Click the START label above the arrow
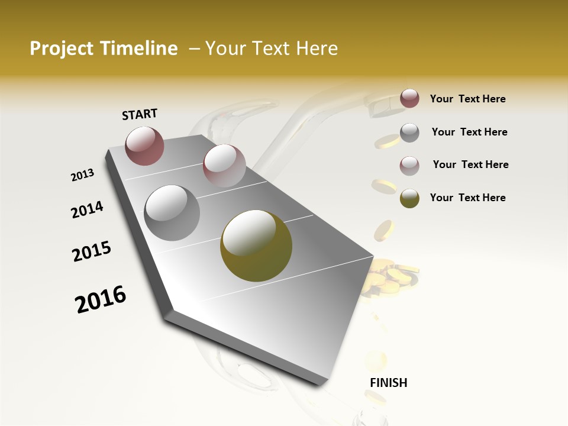coord(140,114)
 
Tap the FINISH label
coord(389,383)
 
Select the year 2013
coord(83,175)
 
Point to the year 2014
coord(88,209)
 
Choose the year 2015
coord(92,251)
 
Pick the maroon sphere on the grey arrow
coord(145,146)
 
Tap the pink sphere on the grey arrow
coord(224,165)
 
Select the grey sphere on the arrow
coord(172,213)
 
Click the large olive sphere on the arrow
coord(256,246)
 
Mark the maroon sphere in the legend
coord(409,99)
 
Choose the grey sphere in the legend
coord(409,133)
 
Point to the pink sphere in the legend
coord(409,166)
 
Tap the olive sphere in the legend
coord(409,198)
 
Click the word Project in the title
coord(62,49)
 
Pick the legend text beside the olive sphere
coord(468,198)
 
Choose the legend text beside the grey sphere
coord(470,132)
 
